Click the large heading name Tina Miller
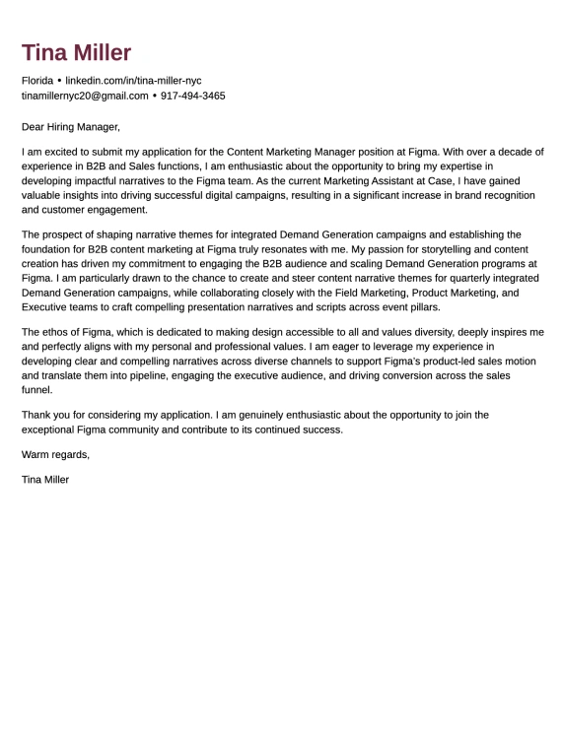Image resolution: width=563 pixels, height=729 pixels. click(76, 53)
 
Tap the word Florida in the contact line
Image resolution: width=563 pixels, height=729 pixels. click(37, 80)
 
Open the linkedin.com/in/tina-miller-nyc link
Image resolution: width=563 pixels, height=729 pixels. click(133, 80)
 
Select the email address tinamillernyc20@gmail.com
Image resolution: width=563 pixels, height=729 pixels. click(85, 96)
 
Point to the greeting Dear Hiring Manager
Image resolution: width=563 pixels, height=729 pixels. click(70, 126)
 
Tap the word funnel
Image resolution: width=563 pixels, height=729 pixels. click(36, 391)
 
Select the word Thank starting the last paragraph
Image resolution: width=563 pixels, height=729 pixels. click(36, 415)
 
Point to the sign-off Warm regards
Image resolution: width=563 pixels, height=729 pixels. click(55, 454)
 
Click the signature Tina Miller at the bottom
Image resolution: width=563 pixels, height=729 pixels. click(45, 480)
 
